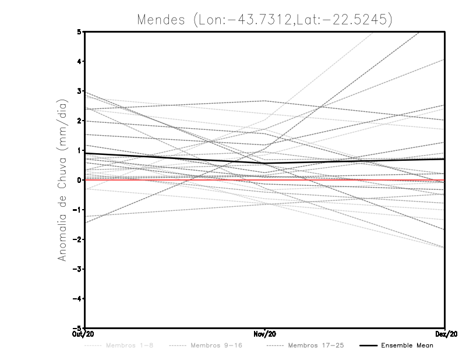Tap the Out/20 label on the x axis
coord(85,333)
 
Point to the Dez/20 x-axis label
coord(444,333)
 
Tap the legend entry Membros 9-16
coord(215,345)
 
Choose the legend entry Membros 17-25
coord(316,345)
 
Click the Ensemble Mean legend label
coord(407,345)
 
